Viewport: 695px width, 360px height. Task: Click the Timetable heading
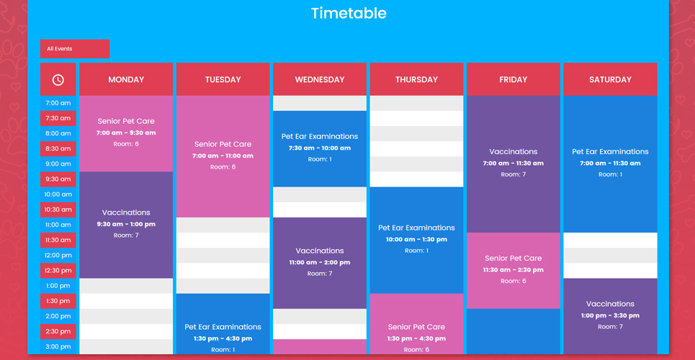coord(349,13)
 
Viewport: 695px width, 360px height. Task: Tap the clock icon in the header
coord(58,80)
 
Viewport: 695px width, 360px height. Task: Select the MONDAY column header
coord(126,80)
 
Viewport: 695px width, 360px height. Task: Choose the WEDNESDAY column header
coord(320,80)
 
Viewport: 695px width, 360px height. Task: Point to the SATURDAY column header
coord(610,80)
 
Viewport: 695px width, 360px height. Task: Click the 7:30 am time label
coord(58,118)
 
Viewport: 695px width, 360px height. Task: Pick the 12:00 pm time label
coord(58,256)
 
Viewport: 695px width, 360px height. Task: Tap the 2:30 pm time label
coord(58,331)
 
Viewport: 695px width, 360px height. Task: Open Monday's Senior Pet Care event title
coord(126,121)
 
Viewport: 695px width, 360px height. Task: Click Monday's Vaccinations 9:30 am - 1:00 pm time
coord(126,225)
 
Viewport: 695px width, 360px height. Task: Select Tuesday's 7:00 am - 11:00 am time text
coord(223,156)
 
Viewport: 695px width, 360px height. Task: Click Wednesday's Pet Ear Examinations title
coord(320,137)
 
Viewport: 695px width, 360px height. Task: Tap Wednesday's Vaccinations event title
coord(320,251)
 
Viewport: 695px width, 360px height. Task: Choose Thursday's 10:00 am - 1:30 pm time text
coord(416,240)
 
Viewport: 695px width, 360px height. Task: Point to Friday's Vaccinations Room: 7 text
coord(514,175)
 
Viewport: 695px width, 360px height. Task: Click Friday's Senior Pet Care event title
coord(514,258)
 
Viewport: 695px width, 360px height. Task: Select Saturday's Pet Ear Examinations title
coord(610,152)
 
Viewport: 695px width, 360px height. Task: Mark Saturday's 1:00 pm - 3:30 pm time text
coord(610,315)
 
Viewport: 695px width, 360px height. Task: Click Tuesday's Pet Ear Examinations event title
coord(223,327)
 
